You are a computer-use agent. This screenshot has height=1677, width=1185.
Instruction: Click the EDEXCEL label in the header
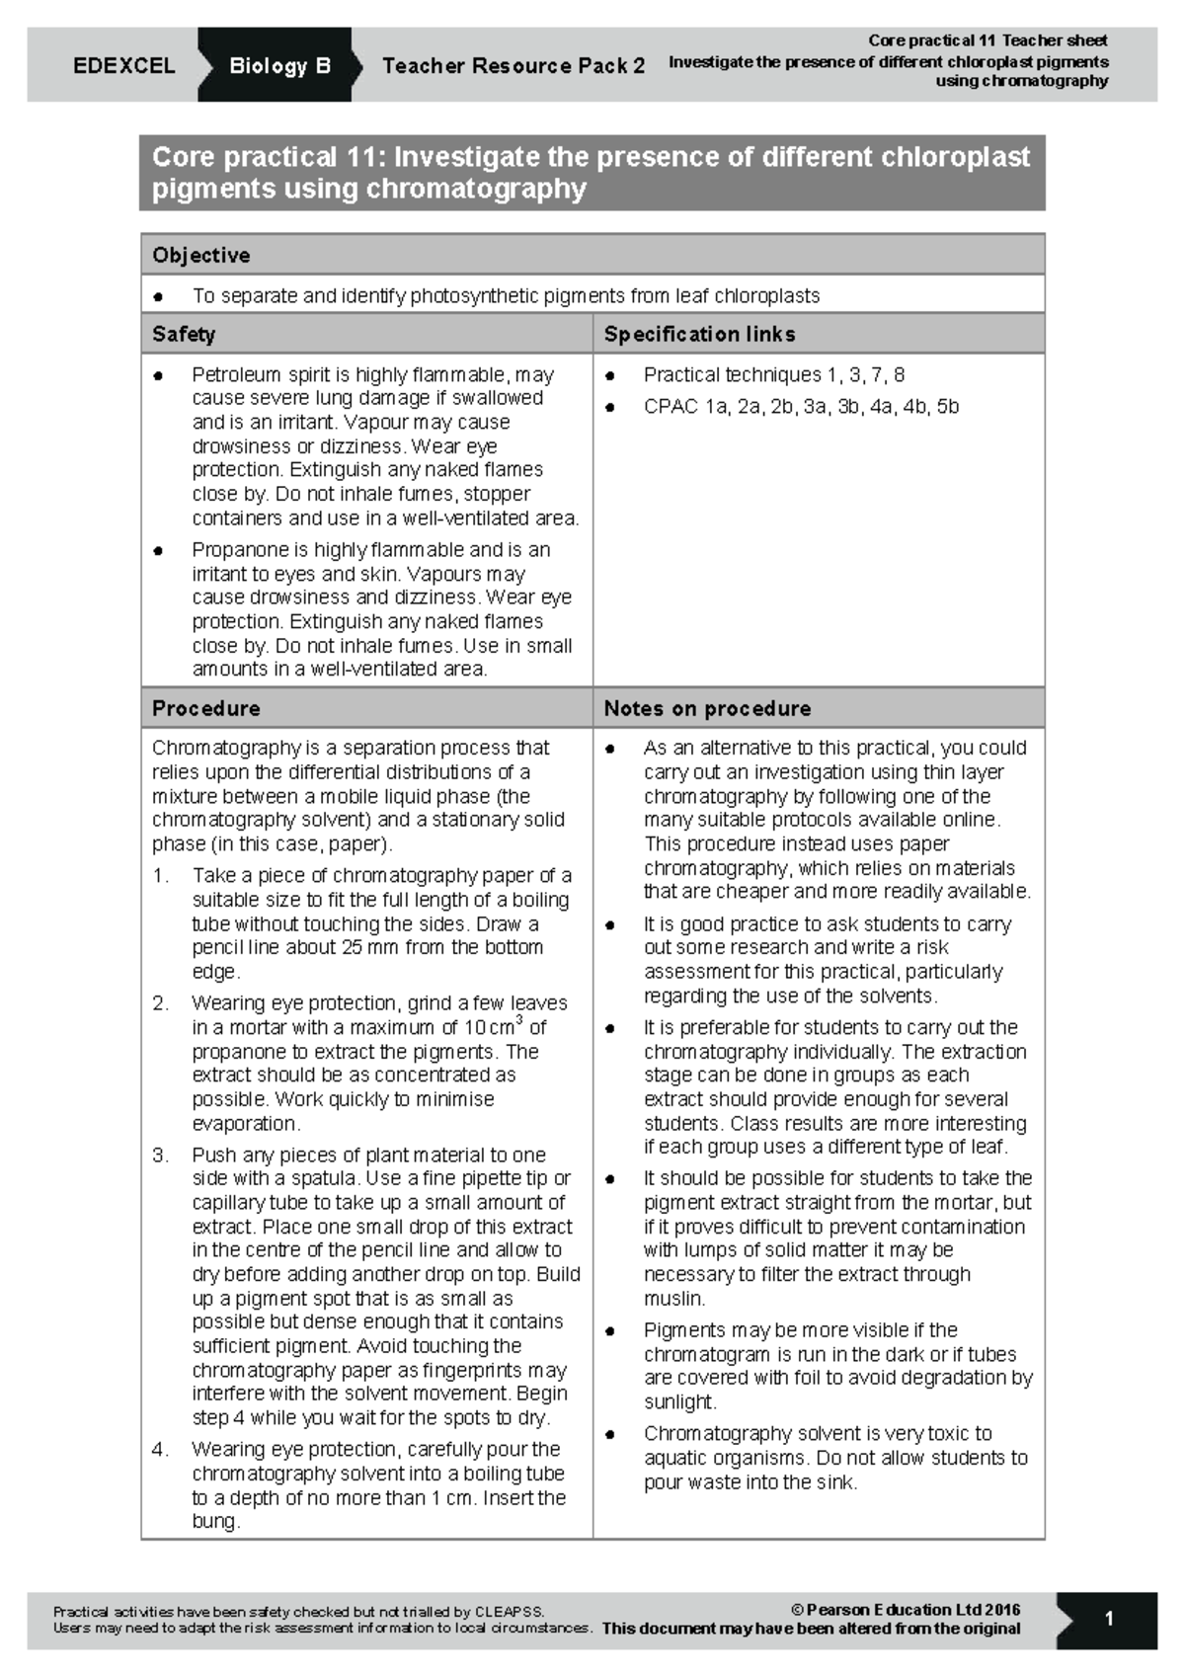click(123, 66)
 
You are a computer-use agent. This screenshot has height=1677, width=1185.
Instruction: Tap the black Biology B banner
click(279, 66)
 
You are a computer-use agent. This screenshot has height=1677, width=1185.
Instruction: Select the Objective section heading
click(200, 255)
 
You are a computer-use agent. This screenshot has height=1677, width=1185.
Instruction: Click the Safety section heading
click(184, 334)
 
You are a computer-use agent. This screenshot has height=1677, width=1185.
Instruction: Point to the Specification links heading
click(699, 334)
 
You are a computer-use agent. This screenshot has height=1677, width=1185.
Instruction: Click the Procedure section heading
click(205, 708)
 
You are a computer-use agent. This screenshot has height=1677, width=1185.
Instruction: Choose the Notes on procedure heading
click(707, 708)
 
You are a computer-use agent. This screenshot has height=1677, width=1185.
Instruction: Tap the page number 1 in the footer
click(1109, 1619)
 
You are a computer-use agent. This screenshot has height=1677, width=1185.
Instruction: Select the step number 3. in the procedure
click(161, 1155)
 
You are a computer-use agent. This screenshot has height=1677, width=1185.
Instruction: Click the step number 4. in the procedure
click(161, 1449)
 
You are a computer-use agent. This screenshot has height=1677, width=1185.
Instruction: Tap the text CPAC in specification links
click(671, 406)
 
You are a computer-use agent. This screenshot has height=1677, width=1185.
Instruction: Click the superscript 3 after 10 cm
click(519, 1020)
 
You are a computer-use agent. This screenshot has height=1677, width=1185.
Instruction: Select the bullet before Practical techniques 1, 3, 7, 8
click(610, 375)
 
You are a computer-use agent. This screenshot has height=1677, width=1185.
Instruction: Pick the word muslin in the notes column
click(673, 1298)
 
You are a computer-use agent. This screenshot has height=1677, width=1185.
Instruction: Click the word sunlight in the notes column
click(678, 1401)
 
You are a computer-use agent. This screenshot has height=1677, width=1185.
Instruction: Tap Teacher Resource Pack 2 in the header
click(513, 66)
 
